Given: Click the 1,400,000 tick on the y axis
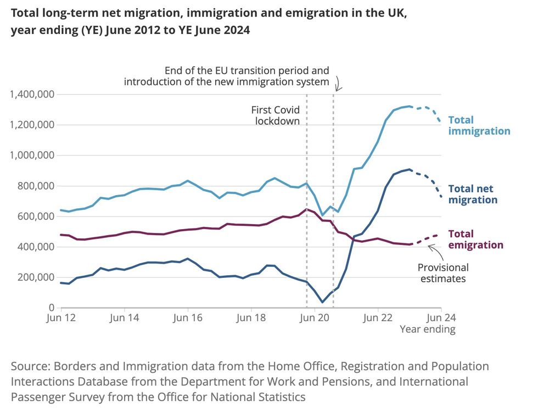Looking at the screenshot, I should tap(32, 95).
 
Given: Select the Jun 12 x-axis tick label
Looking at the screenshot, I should tap(61, 318).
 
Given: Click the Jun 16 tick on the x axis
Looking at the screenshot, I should tap(188, 318).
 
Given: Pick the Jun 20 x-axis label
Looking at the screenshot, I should tap(315, 318).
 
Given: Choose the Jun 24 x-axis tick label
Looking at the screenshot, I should tap(441, 318).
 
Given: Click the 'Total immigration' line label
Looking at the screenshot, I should tap(479, 126).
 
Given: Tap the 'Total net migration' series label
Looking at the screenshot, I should tap(473, 194).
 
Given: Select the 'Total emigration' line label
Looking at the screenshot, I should tap(475, 240).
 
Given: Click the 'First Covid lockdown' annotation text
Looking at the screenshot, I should tap(276, 115).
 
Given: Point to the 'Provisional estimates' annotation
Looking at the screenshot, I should tap(443, 273).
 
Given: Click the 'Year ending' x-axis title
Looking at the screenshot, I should tap(427, 329).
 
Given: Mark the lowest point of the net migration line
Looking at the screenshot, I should tap(322, 302).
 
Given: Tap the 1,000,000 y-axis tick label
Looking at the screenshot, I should tap(32, 156).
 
